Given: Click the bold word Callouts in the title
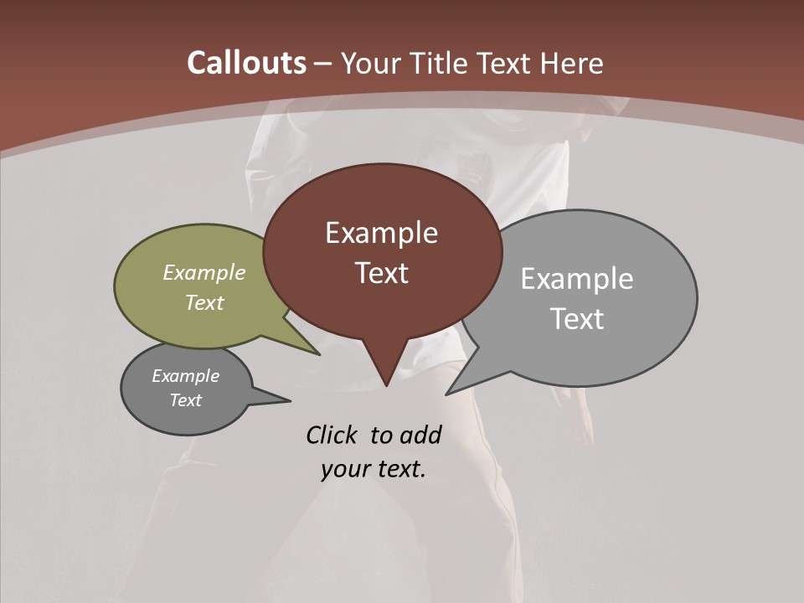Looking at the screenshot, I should point(246,63).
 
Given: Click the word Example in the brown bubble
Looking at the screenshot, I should point(381,233).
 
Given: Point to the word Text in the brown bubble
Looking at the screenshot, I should point(381,273).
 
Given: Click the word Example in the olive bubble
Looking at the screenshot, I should point(204,272).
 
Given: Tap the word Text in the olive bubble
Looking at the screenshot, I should point(204,302).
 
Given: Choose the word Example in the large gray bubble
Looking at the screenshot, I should point(577,279).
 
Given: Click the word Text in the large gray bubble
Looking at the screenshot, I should point(577,319).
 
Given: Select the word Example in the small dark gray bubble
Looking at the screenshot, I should point(186,376).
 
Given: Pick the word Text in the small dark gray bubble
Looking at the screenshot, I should point(186,400).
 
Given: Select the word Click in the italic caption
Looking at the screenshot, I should point(332,435).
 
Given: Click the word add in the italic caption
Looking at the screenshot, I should point(420,435).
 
